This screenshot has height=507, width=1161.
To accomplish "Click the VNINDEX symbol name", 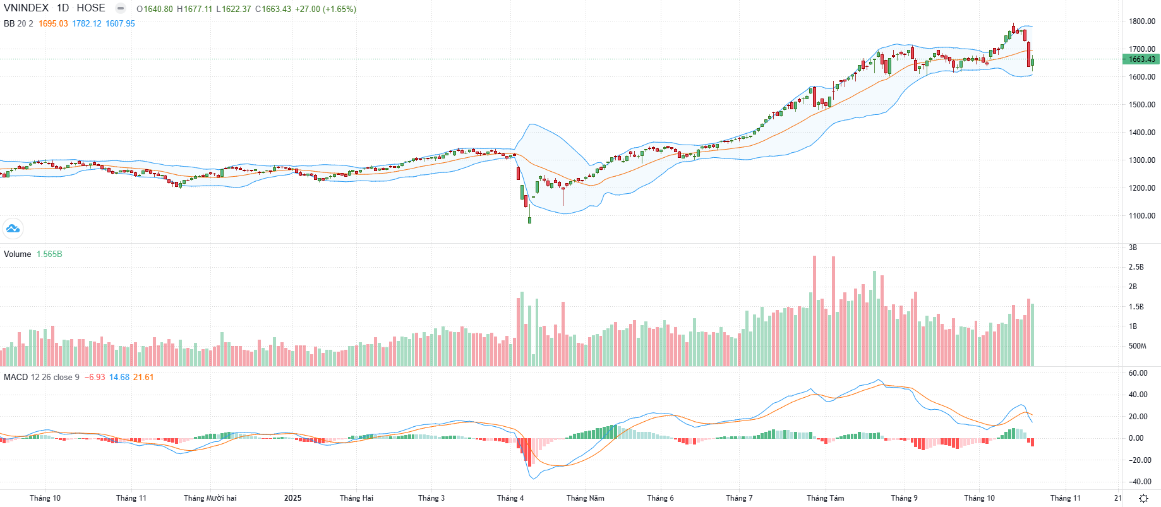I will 26,8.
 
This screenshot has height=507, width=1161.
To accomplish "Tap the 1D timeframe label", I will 63,8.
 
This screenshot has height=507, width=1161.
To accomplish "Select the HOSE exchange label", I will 91,8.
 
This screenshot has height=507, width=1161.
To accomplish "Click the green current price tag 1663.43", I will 1141,59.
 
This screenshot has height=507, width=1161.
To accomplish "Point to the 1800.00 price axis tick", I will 1142,21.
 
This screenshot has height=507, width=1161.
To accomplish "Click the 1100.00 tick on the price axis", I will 1142,216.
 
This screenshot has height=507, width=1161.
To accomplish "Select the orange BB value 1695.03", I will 53,24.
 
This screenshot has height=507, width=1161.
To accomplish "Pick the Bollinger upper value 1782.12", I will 87,24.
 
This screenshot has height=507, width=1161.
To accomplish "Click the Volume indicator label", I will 18,254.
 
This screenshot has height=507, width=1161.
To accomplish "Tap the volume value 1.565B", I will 49,254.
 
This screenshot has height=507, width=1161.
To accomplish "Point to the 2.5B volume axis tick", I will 1136,267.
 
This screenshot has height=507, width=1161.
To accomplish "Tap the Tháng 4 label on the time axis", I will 510,498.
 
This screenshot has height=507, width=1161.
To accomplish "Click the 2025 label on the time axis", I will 292,498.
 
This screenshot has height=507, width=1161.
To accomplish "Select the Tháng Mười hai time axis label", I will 210,498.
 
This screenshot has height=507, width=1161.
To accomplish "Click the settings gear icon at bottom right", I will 1143,498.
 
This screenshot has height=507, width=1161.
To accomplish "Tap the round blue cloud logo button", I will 13,229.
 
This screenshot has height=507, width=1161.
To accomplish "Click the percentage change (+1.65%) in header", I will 339,9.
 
